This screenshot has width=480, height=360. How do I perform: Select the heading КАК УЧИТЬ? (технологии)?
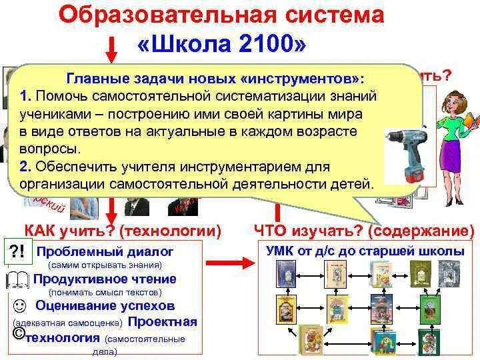[123, 231]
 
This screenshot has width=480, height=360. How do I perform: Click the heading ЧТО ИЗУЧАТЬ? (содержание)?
[365, 231]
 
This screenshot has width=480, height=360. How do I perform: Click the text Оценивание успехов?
[105, 306]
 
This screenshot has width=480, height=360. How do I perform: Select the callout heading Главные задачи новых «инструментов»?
[217, 78]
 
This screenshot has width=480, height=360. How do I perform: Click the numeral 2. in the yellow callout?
[25, 165]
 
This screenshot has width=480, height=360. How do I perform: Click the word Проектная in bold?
[162, 322]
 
